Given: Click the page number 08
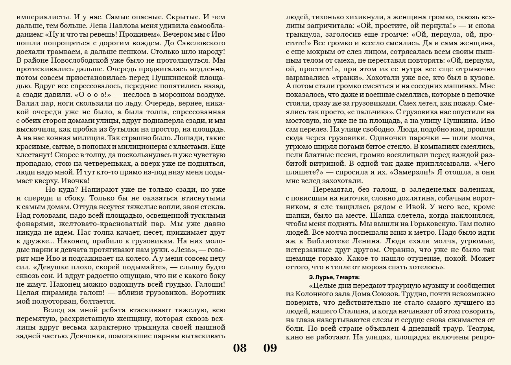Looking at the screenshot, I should [x=240, y=348].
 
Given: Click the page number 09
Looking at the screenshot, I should [x=270, y=348].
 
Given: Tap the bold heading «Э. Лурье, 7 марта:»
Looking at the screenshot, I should [x=334, y=277].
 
